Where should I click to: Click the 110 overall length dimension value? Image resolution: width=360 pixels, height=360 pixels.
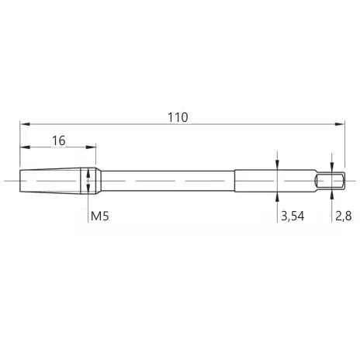pyautogui.click(x=178, y=117)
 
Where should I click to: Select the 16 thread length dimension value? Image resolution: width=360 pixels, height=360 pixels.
pyautogui.click(x=59, y=140)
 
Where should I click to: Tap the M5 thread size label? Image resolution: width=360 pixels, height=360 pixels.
pyautogui.click(x=100, y=216)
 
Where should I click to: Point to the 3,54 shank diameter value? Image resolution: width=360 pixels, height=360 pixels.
pyautogui.click(x=292, y=216)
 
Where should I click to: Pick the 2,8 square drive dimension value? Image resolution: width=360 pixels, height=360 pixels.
pyautogui.click(x=344, y=216)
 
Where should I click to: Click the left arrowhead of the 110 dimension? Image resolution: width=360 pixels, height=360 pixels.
pyautogui.click(x=25, y=124)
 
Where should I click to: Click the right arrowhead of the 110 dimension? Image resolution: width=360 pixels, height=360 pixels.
pyautogui.click(x=340, y=124)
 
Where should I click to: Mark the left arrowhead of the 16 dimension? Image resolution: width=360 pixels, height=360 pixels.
pyautogui.click(x=25, y=147)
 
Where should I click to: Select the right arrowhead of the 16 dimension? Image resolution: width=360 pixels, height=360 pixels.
pyautogui.click(x=91, y=147)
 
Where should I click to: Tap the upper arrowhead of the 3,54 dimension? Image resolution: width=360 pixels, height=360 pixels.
pyautogui.click(x=277, y=164)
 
